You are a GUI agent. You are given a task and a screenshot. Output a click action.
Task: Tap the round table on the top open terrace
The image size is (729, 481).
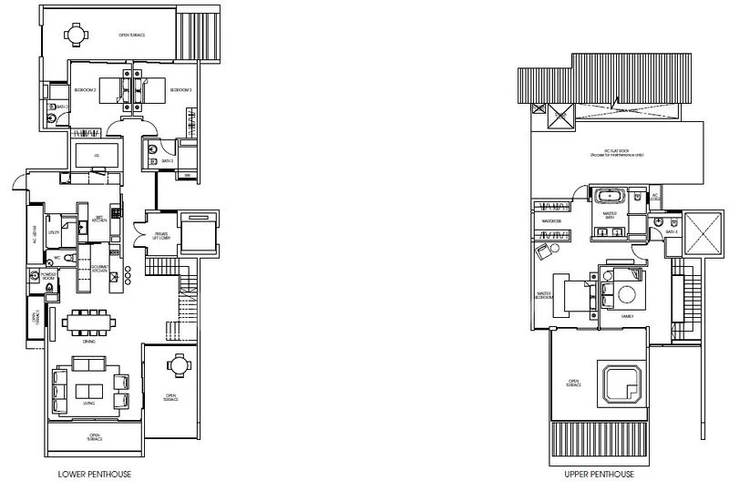point(73,34)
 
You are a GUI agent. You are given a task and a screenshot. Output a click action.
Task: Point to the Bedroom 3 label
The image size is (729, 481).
point(180,90)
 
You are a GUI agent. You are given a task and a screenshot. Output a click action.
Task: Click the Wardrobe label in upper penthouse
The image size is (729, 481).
point(550,220)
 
